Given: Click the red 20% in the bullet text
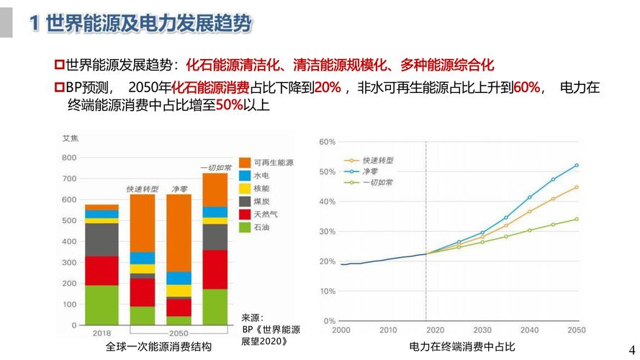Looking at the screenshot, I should point(327,88).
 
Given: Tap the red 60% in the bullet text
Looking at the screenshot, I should point(527,88).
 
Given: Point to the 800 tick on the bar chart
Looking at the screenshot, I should point(69,158).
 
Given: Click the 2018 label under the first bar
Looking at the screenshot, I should point(102,333).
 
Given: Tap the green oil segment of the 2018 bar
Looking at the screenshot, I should point(102,305).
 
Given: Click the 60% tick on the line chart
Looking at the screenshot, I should point(327,142).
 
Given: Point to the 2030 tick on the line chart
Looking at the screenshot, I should point(482,330).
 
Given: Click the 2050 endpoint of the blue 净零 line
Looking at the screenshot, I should point(576,165).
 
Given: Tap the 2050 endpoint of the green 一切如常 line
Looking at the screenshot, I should point(576,219).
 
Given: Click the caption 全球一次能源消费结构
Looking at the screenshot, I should point(158,347).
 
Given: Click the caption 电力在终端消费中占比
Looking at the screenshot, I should point(462,347).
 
